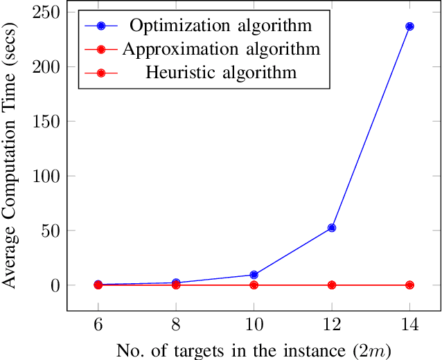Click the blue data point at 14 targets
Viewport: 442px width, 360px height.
pyautogui.click(x=409, y=26)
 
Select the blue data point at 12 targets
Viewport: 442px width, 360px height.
pyautogui.click(x=332, y=228)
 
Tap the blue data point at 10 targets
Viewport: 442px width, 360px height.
pyautogui.click(x=254, y=275)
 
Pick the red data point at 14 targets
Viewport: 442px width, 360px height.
pyautogui.click(x=409, y=285)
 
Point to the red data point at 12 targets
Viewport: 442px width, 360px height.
pyautogui.click(x=332, y=285)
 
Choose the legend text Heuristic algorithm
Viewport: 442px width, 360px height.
pyautogui.click(x=221, y=72)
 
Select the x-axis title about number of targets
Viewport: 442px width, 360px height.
pyautogui.click(x=254, y=350)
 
